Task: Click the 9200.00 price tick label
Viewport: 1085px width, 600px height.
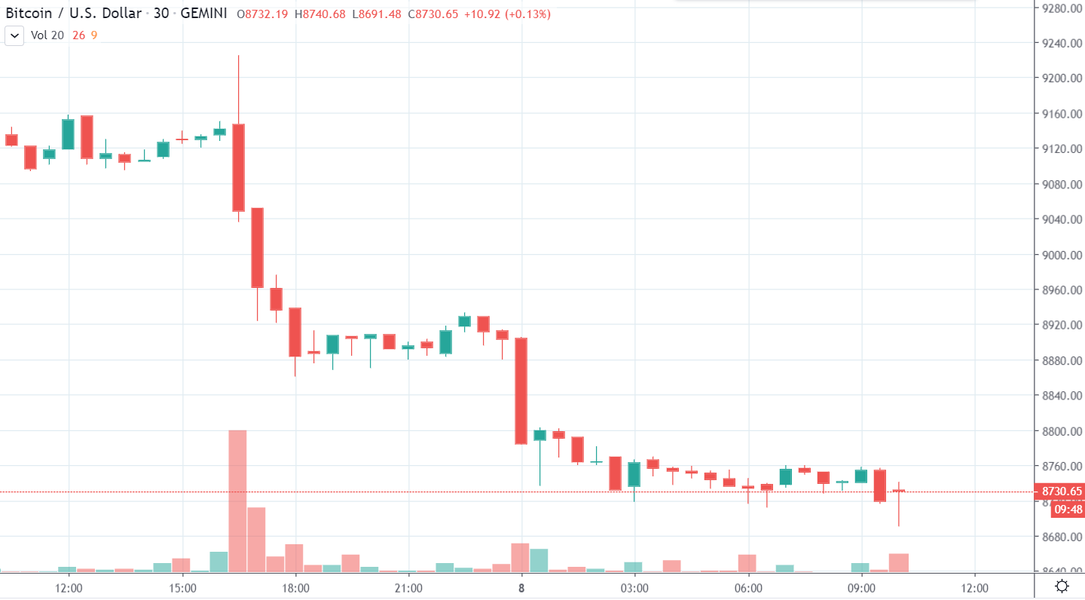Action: point(1062,78)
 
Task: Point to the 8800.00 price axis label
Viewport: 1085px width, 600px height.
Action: point(1062,431)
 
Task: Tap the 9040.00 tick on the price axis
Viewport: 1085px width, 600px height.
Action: point(1062,219)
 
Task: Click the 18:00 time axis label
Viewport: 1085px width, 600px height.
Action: point(295,587)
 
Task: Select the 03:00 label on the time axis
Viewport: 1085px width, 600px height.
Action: point(634,587)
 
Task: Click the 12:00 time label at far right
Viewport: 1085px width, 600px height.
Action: point(974,587)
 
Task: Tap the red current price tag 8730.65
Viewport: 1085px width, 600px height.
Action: point(1062,491)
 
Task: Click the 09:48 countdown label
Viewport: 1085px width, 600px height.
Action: point(1068,510)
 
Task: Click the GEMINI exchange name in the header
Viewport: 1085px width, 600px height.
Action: point(204,14)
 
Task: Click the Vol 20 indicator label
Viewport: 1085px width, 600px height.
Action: point(47,35)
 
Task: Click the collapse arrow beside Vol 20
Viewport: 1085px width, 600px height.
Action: point(14,35)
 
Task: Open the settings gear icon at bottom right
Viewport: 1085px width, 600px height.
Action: point(1062,586)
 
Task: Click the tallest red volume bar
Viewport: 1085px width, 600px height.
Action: point(237,501)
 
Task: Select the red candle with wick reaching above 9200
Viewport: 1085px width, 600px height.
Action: point(238,167)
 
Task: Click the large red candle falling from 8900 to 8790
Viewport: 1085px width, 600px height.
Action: point(521,390)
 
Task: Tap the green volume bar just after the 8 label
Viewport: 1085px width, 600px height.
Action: point(539,560)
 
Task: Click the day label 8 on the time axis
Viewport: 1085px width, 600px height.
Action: point(521,587)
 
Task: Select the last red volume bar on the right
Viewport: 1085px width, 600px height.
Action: point(899,562)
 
